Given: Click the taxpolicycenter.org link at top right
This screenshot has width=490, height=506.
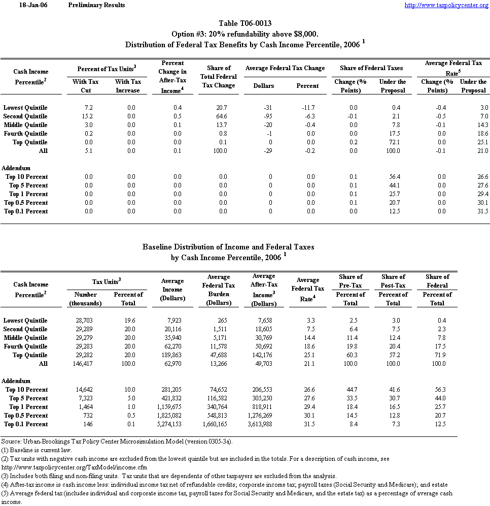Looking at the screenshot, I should [446, 5].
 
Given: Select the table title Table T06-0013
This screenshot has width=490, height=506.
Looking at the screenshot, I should [245, 23].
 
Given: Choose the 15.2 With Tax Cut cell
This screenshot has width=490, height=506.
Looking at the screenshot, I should [86, 116].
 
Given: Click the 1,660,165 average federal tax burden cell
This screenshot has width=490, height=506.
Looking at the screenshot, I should [218, 424].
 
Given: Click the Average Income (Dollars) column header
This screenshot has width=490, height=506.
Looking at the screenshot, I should [172, 290].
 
